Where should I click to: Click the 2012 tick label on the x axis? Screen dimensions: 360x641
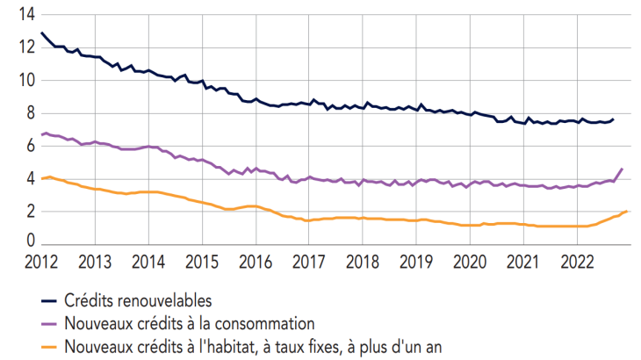coord(41,262)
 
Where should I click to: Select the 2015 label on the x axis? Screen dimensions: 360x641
coord(202,262)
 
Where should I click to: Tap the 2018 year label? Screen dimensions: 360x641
coord(363,262)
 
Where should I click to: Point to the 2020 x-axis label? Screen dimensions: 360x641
coord(470,262)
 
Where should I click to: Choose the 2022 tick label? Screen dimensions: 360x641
coord(577,262)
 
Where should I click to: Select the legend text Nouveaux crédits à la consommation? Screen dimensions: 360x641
coord(190,323)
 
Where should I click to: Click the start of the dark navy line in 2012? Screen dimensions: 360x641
coord(42,33)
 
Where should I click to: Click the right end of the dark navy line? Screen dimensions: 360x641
coord(613,119)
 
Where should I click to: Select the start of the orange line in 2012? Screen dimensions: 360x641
coord(42,178)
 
